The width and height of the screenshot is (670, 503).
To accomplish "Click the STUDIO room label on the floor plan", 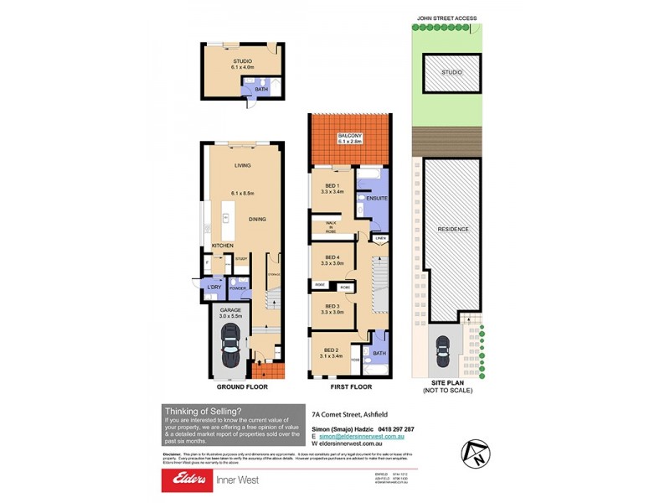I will (x=242, y=61).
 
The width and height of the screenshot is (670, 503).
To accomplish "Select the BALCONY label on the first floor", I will (x=349, y=137).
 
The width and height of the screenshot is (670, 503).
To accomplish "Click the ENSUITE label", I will (x=377, y=199).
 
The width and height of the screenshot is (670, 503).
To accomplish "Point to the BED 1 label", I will (x=332, y=186).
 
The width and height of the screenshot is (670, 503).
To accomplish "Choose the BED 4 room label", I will (x=332, y=257).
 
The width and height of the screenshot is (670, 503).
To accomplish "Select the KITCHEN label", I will (x=222, y=245).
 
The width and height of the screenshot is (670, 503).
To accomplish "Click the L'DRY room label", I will (x=214, y=288).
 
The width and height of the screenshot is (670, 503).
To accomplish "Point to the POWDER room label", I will (x=238, y=288).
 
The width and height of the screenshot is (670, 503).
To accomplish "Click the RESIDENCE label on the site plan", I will (x=451, y=229).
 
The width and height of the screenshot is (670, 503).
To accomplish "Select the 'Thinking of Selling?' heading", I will (x=203, y=410).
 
